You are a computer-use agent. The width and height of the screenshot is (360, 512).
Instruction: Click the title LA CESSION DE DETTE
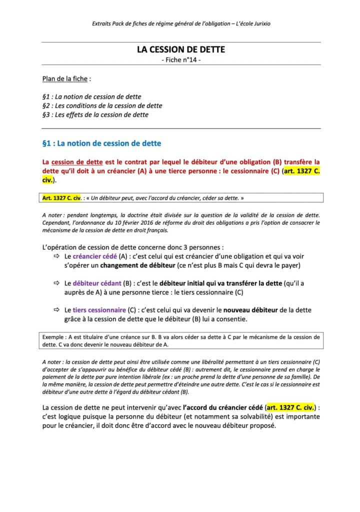(x=181, y=49)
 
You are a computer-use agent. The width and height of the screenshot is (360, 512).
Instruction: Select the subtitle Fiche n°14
(x=181, y=60)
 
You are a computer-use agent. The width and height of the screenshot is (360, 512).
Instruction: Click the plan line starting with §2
(x=102, y=105)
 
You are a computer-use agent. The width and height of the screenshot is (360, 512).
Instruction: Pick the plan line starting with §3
(x=95, y=114)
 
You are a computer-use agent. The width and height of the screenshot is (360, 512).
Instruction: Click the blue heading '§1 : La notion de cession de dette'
(x=102, y=143)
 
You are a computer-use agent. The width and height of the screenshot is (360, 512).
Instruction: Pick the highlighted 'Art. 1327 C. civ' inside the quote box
(x=62, y=198)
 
